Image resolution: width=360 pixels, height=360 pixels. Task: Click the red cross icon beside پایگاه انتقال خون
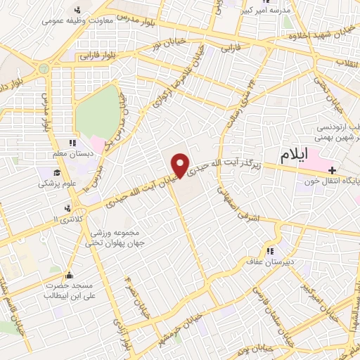331,169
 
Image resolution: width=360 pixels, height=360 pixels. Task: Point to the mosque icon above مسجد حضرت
68,275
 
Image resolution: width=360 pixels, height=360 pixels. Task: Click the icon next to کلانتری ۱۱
67,208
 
